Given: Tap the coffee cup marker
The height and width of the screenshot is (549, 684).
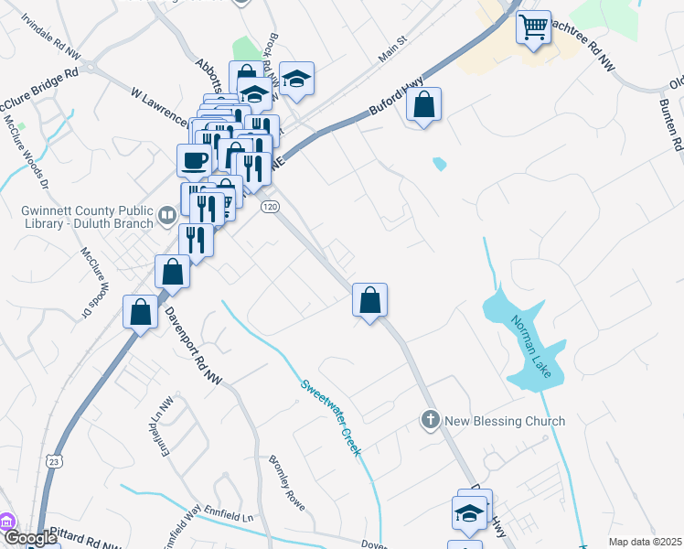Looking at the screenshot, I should click(x=194, y=160).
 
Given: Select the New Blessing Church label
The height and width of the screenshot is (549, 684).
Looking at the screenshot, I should click(x=505, y=421).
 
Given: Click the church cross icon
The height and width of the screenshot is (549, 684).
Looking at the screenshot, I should click(x=430, y=421).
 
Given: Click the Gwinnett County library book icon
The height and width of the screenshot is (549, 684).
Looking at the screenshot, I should click(x=167, y=215).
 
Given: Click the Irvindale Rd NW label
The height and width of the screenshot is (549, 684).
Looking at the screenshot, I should click(x=50, y=43).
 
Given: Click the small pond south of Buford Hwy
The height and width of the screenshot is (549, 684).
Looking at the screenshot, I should click(x=440, y=165).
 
